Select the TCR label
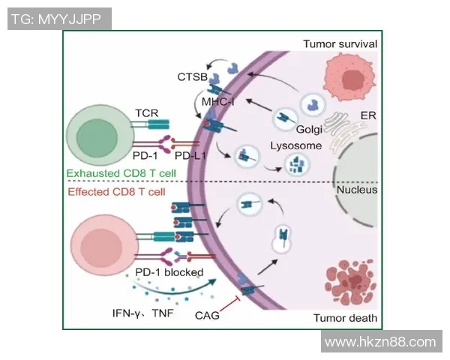[x=147, y=112]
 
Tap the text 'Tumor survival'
[x=339, y=44]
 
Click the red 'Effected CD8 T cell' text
[x=116, y=192]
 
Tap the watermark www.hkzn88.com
[x=381, y=342]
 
